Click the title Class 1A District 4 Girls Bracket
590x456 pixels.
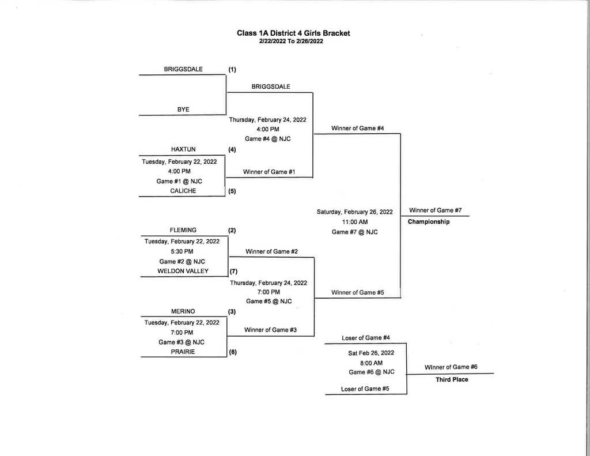click(293, 33)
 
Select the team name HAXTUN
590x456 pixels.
click(183, 149)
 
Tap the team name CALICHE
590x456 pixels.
click(183, 191)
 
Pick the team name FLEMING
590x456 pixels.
click(183, 230)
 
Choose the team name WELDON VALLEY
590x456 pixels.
click(183, 271)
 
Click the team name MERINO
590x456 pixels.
click(183, 311)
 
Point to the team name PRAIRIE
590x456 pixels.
click(183, 352)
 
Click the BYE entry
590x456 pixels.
click(183, 109)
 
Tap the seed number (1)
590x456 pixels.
click(232, 69)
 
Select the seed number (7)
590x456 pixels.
click(234, 272)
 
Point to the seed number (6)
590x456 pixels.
click(233, 352)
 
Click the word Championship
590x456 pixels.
click(429, 222)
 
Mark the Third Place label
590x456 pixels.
click(452, 379)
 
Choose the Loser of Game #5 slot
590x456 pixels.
click(365, 389)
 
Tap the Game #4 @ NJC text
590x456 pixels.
click(268, 139)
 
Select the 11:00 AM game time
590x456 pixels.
click(355, 222)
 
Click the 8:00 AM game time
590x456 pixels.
click(371, 363)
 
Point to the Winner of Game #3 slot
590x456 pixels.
click(270, 330)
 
